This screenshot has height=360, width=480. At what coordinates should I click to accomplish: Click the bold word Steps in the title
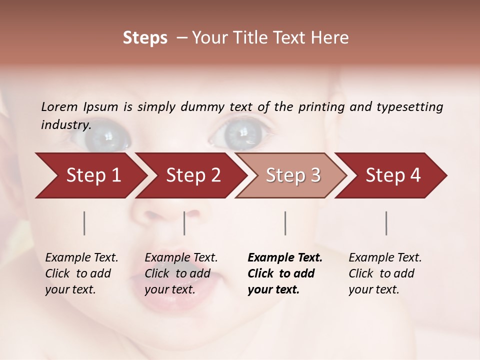[x=145, y=38]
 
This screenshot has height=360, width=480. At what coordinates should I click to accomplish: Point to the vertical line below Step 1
[x=84, y=223]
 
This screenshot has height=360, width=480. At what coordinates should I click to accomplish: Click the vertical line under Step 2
[x=184, y=223]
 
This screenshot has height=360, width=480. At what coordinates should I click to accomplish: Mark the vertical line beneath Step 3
[x=285, y=223]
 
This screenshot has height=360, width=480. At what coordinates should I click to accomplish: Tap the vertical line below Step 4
[x=386, y=223]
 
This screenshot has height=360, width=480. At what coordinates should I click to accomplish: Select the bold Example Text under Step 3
[x=285, y=273]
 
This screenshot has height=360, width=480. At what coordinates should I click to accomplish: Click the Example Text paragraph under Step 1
[x=81, y=273]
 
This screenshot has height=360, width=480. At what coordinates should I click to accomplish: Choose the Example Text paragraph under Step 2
[x=181, y=273]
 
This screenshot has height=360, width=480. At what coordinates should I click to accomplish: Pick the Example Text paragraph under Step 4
[x=385, y=273]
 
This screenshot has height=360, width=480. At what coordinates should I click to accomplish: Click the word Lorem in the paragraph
[x=59, y=107]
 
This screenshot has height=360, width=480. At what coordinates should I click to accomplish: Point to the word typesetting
[x=409, y=107]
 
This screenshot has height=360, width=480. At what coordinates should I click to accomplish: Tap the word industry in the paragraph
[x=65, y=125]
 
